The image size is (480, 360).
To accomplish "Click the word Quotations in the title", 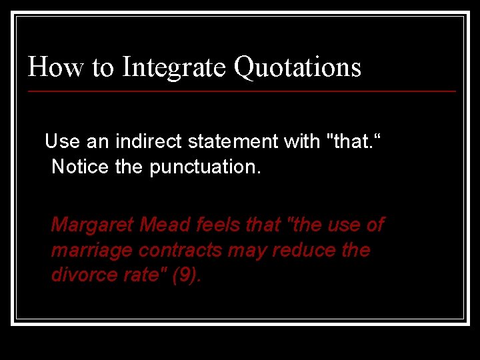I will pos(297,67).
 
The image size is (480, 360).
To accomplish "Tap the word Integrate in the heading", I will pos(174,67).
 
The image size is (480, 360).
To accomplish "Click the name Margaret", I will pos(93,225).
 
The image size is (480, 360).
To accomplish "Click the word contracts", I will pos(167,250).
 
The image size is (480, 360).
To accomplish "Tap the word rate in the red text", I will pos(141,275).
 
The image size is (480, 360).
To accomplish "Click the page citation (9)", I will pos(186,275).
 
